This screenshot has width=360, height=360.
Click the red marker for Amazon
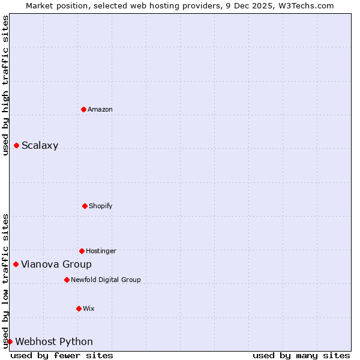coord(83,109)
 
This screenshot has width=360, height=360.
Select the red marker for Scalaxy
coord(16,145)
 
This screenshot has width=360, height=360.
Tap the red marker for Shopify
coord(85,206)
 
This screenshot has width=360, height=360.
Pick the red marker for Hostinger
coord(82,251)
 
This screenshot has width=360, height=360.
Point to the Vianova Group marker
coord(16,264)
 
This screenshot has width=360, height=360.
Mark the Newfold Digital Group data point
coord(67,280)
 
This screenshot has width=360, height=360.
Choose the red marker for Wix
coord(79,308)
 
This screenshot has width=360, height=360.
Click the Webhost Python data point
coord(10,341)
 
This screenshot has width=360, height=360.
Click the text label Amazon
coord(100,109)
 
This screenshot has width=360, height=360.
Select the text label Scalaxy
coord(40,145)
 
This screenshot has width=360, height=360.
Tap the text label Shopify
coord(101,206)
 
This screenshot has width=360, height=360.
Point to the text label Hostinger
coord(101,251)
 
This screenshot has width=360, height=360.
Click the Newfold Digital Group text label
coord(106,280)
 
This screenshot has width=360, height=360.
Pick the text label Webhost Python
coord(54,341)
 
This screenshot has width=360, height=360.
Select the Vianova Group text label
coord(56,264)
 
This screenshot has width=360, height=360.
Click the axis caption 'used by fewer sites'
coord(62,355)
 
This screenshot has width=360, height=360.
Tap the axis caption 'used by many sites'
coord(301,355)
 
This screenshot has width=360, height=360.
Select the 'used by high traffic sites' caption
coord(5,85)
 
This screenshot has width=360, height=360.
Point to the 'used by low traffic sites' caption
coord(5,281)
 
